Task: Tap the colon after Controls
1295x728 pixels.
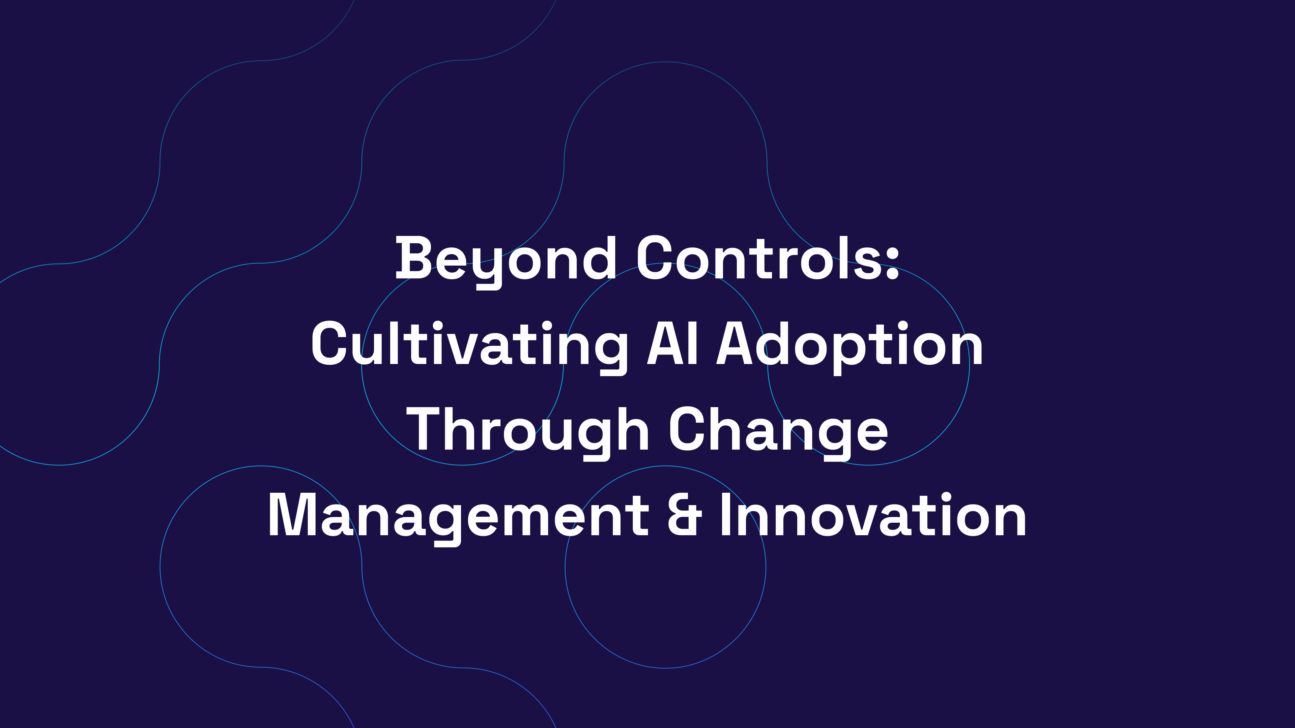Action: click(892, 261)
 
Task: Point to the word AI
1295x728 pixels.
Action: click(673, 344)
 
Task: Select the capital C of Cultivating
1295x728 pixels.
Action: click(329, 344)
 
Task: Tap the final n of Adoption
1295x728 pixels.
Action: click(965, 349)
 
